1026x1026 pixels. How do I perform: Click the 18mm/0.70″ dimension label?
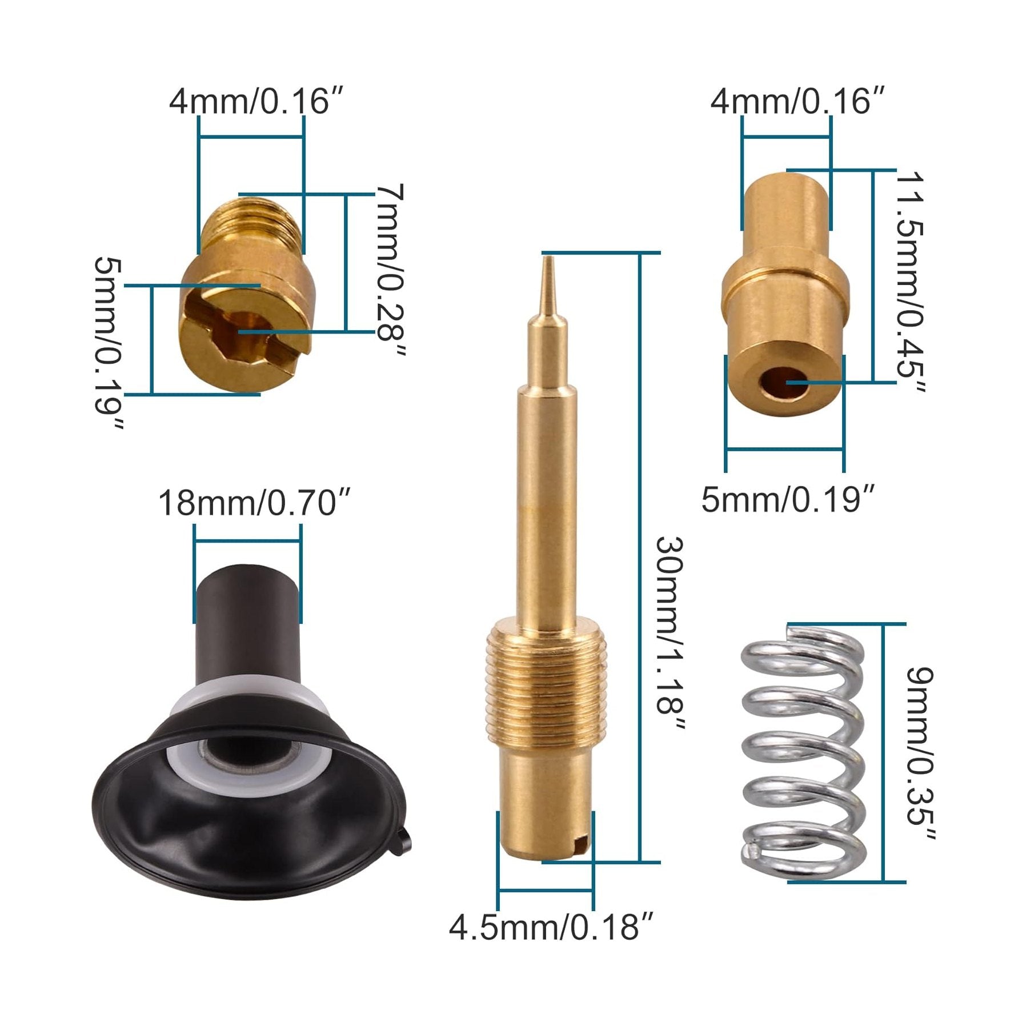(254, 503)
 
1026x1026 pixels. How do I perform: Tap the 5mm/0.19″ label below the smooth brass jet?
(787, 500)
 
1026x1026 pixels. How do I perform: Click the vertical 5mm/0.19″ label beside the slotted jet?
(109, 343)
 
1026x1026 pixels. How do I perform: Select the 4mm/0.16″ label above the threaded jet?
(257, 101)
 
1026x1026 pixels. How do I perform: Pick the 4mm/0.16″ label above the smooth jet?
(797, 101)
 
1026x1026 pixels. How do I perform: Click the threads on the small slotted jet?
(257, 226)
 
